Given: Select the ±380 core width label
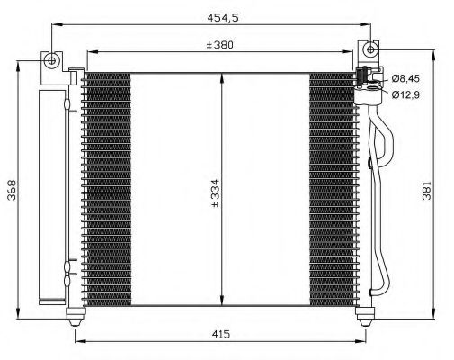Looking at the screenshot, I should coord(219,47).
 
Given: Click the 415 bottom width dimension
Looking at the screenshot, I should coord(221,334).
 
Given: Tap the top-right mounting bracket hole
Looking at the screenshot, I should coord(371,49).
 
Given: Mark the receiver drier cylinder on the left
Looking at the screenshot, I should coord(51,193).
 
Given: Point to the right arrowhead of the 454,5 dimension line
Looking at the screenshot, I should coord(368,26).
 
